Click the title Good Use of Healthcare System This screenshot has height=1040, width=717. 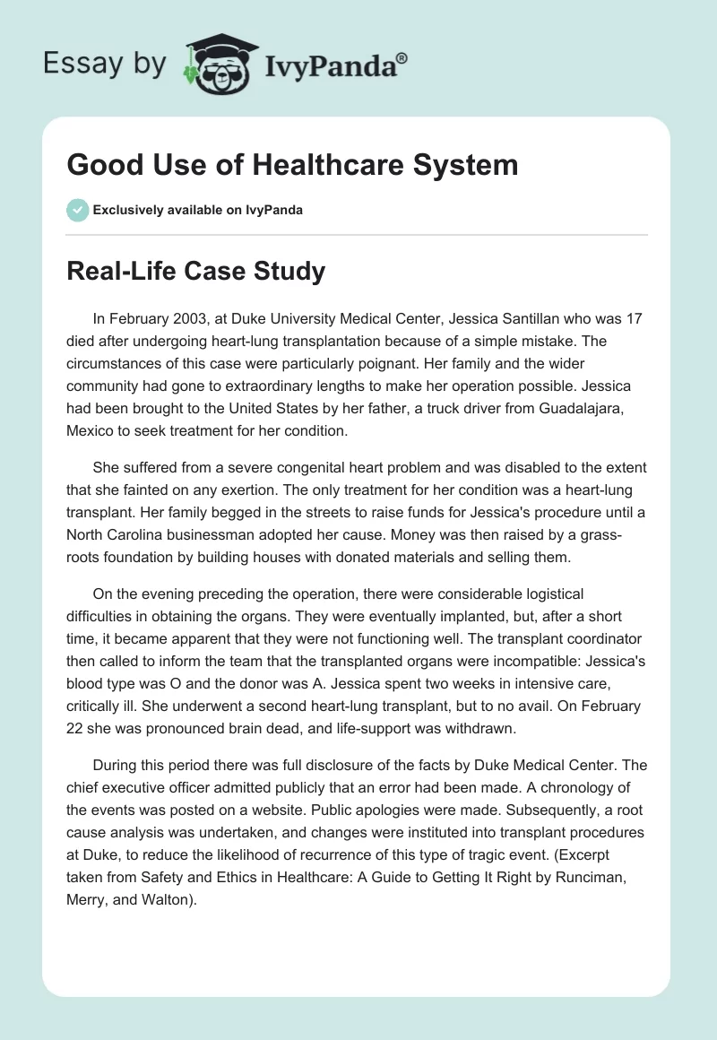292,165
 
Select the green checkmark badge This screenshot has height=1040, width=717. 77,210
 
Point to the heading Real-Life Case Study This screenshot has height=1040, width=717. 195,272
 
